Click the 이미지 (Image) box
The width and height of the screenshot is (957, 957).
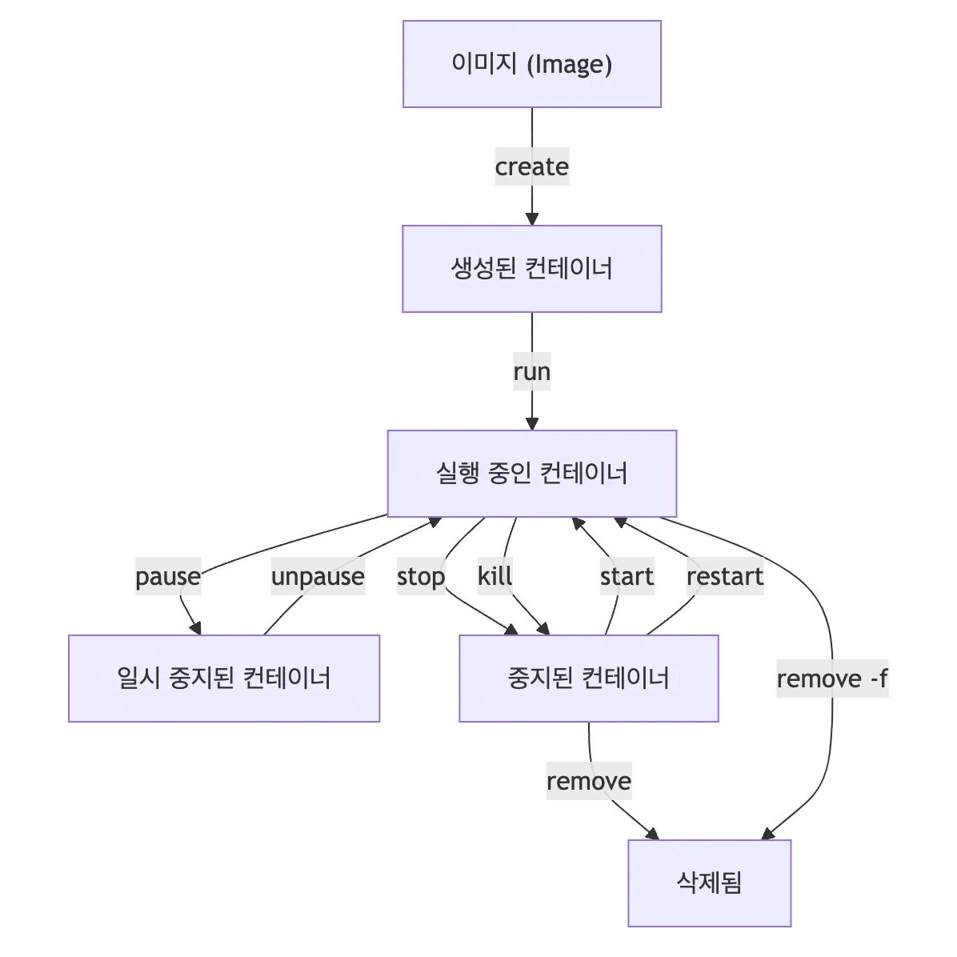click(x=531, y=64)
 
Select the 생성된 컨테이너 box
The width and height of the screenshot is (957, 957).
click(x=531, y=269)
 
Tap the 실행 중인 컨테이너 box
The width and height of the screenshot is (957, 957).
click(x=531, y=474)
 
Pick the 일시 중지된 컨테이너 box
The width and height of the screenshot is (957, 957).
click(x=223, y=679)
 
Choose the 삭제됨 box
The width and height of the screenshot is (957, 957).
click(x=709, y=883)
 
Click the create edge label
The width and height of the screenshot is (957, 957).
click(x=531, y=166)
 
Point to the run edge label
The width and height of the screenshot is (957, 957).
click(x=531, y=371)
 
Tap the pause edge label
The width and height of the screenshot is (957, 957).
click(x=168, y=576)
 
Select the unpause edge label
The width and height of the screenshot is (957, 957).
click(x=318, y=576)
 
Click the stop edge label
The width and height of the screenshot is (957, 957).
click(x=421, y=576)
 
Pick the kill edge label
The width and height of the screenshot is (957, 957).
click(x=495, y=576)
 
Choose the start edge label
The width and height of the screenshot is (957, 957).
click(x=627, y=576)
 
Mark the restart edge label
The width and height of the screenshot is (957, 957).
click(x=725, y=576)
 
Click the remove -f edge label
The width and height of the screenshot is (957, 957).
click(x=831, y=679)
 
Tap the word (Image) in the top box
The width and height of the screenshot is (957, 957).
click(x=570, y=64)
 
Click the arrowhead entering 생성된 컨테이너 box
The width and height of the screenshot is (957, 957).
click(x=531, y=218)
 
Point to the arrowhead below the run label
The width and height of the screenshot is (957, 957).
click(x=531, y=423)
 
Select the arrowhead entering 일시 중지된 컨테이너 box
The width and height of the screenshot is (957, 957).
click(x=194, y=628)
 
